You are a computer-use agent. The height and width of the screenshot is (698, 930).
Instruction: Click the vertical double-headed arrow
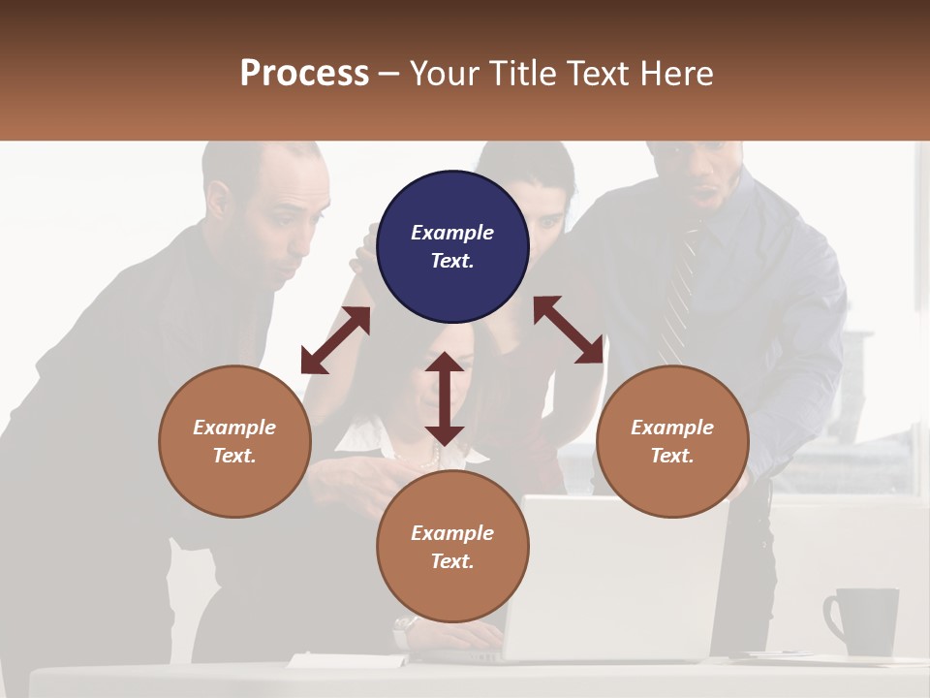445,398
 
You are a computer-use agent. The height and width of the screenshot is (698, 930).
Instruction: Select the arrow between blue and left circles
335,340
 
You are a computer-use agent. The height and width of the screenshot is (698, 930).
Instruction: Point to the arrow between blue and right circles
569,331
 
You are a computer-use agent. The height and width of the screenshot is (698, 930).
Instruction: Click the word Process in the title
304,74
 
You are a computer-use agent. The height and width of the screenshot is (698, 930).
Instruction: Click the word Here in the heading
677,74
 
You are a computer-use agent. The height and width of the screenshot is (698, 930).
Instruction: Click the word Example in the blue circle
452,233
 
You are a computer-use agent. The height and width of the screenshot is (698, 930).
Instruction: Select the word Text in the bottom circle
452,561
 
